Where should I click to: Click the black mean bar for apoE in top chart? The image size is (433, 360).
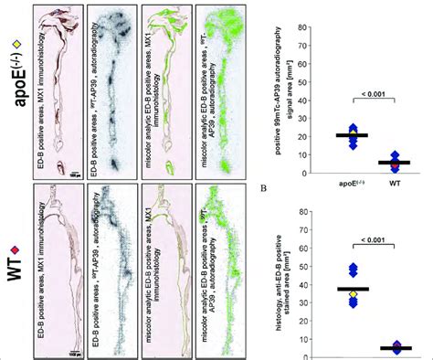click(x=352, y=135)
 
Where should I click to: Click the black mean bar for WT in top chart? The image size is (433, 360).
click(x=395, y=162)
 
